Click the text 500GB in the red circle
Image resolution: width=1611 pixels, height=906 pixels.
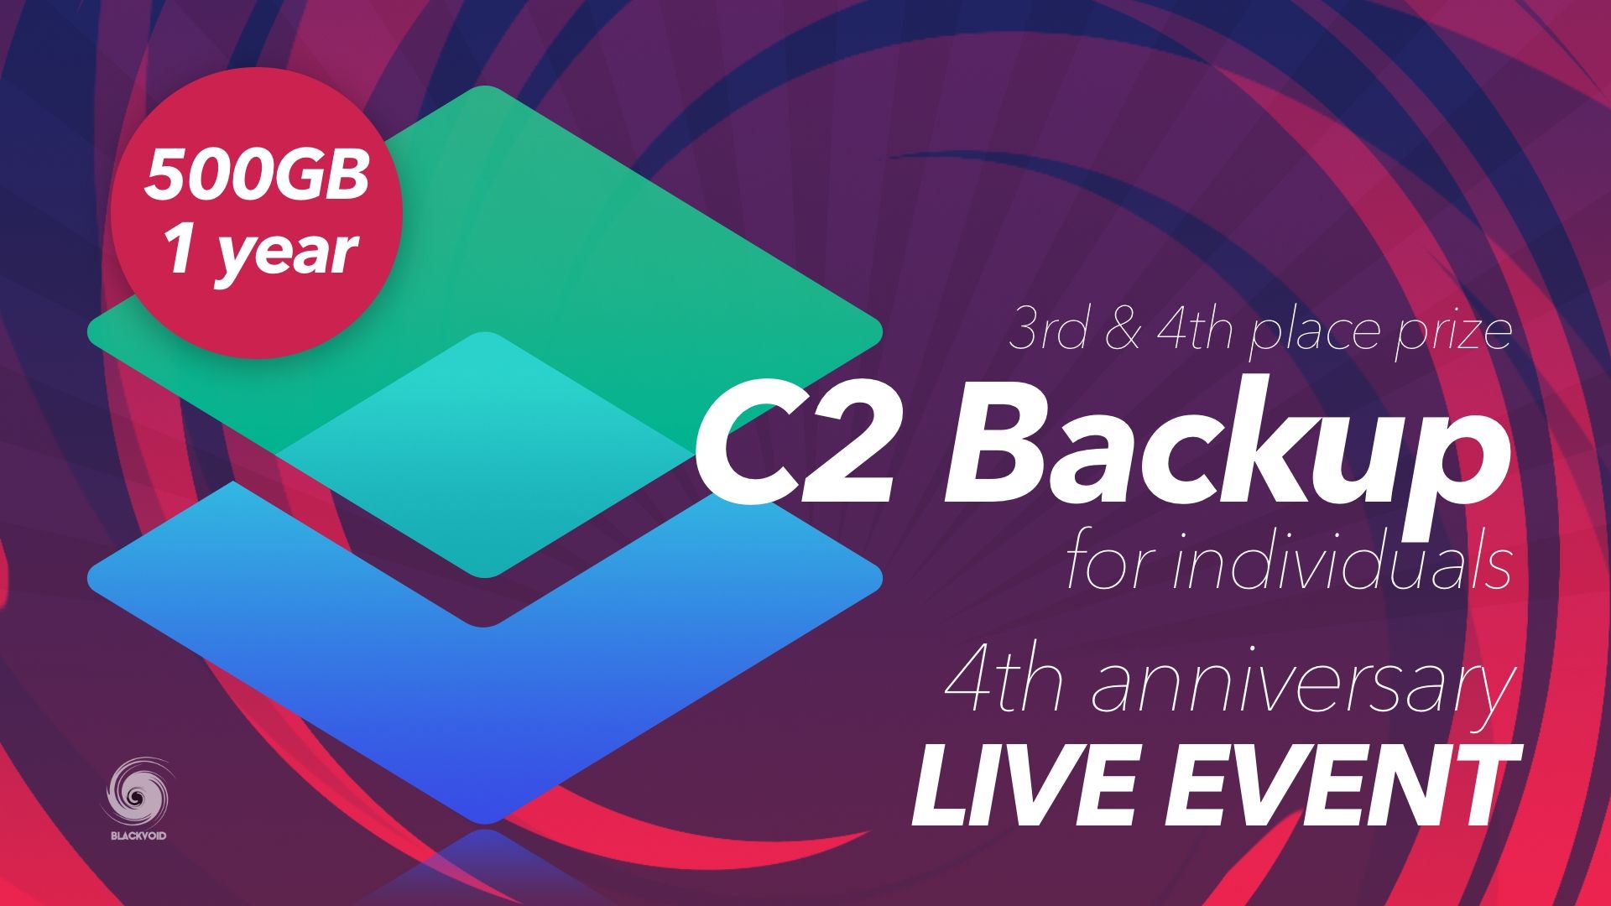[256, 175]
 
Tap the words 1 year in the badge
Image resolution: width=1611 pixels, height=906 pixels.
[260, 251]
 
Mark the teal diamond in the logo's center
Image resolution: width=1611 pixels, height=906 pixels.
[485, 454]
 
